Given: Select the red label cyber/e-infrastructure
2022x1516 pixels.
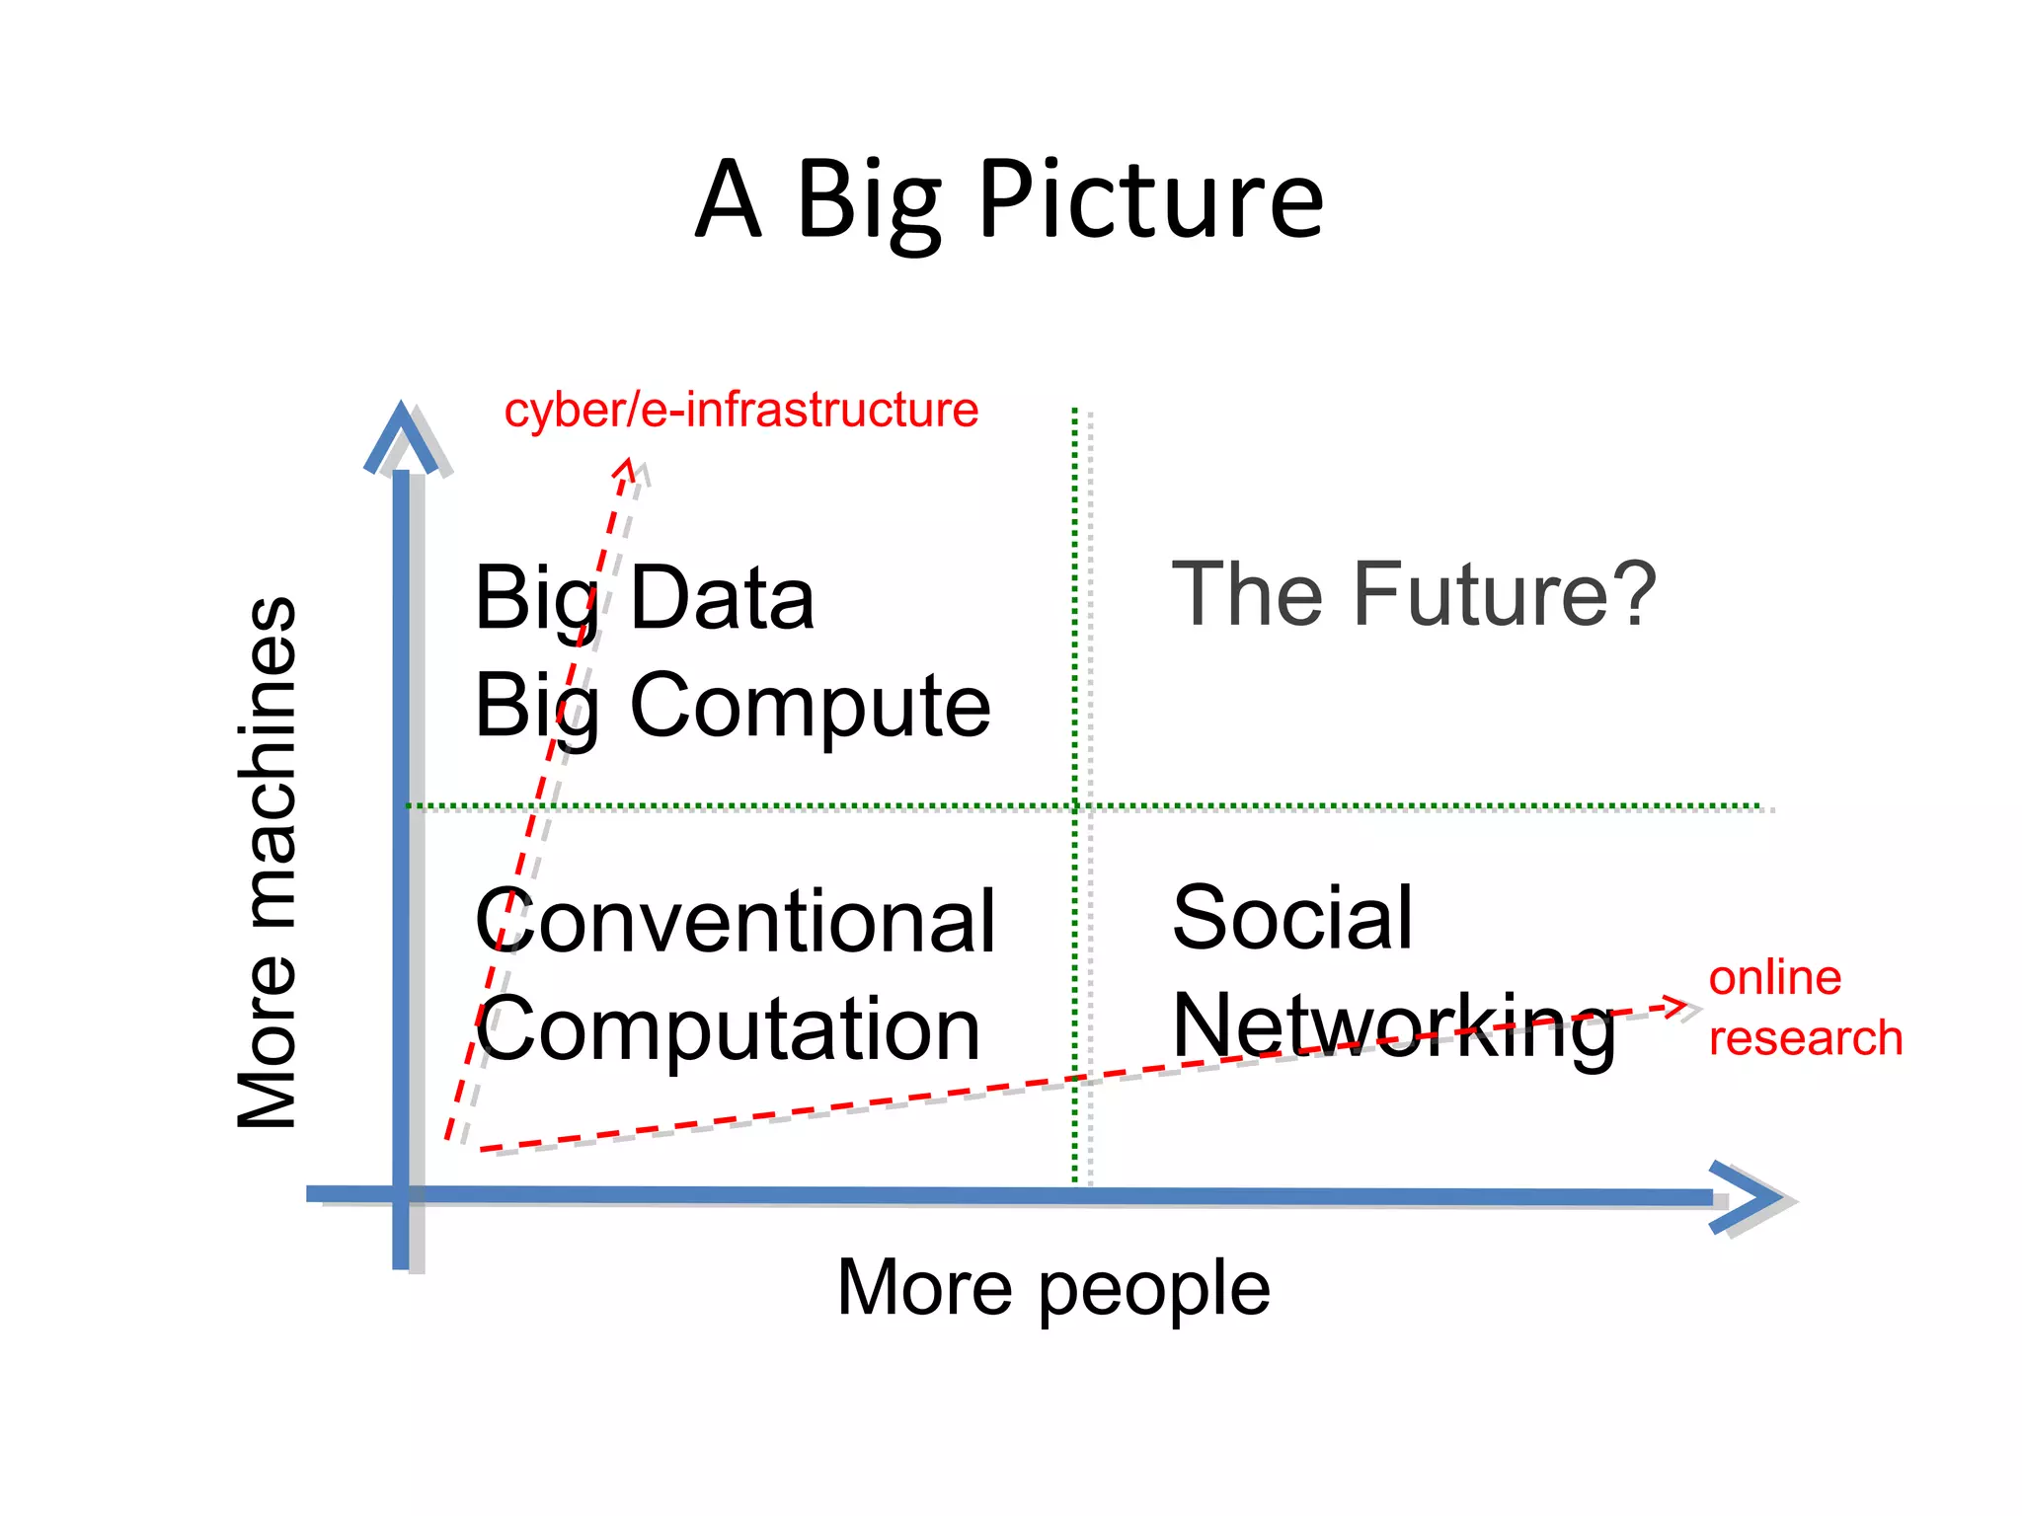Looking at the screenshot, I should pos(740,410).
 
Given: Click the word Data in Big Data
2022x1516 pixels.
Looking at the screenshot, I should pos(722,598).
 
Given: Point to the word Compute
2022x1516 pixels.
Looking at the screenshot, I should pos(810,705).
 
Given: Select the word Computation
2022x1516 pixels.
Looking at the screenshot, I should pos(729,1028).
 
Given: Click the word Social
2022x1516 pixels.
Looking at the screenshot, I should pos(1292,918).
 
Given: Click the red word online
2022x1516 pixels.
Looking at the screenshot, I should pos(1774,978).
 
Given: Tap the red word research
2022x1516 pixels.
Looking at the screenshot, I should pos(1805,1038).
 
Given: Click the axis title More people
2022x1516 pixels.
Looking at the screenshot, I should pos(1053,1289).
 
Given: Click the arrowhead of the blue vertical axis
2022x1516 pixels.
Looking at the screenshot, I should pos(401,434).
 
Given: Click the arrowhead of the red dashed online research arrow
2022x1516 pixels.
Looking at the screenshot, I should pos(1679,1007).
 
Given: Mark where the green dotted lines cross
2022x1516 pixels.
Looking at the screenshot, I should pos(1075,806).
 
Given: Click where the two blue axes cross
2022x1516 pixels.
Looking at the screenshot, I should pos(401,1194).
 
